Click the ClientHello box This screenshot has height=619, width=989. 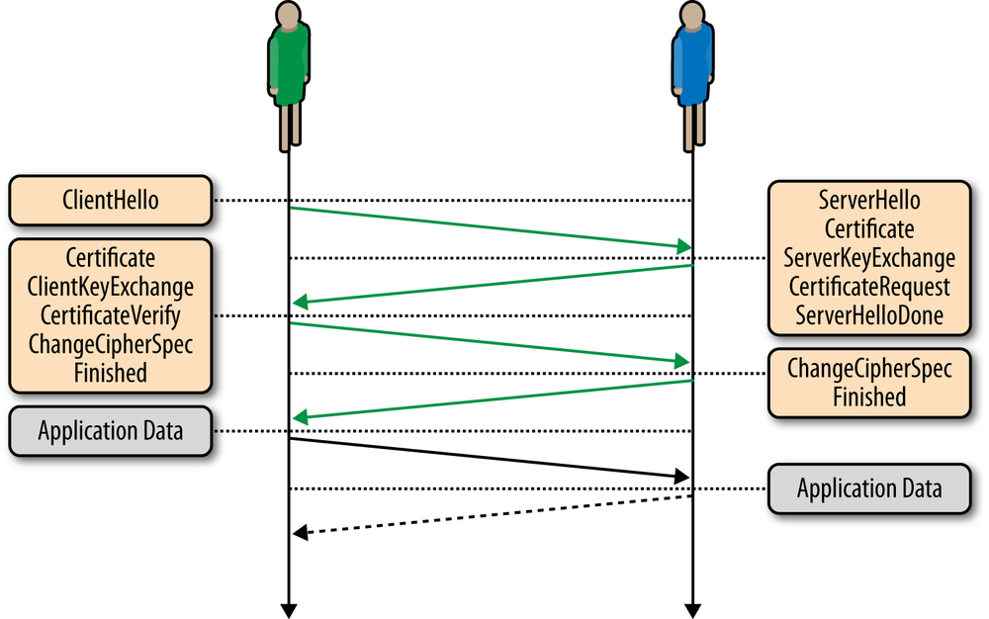110,201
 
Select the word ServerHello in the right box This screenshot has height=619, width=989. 869,201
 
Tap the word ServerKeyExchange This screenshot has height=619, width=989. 869,259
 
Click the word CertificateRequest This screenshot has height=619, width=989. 869,288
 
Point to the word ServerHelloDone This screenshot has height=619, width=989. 869,316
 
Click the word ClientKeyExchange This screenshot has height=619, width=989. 110,287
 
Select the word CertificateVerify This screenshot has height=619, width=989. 110,315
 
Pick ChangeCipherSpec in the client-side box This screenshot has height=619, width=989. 110,344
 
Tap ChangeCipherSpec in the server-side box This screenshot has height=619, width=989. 869,369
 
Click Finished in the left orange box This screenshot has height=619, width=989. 110,373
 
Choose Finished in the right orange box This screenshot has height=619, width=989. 869,398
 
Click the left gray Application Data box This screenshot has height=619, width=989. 110,431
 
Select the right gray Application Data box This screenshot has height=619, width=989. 869,488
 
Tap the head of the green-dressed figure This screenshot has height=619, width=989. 289,17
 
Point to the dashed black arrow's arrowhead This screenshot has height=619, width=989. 300,534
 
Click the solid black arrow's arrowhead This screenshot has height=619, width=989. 681,478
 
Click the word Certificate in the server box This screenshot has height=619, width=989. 869,230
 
